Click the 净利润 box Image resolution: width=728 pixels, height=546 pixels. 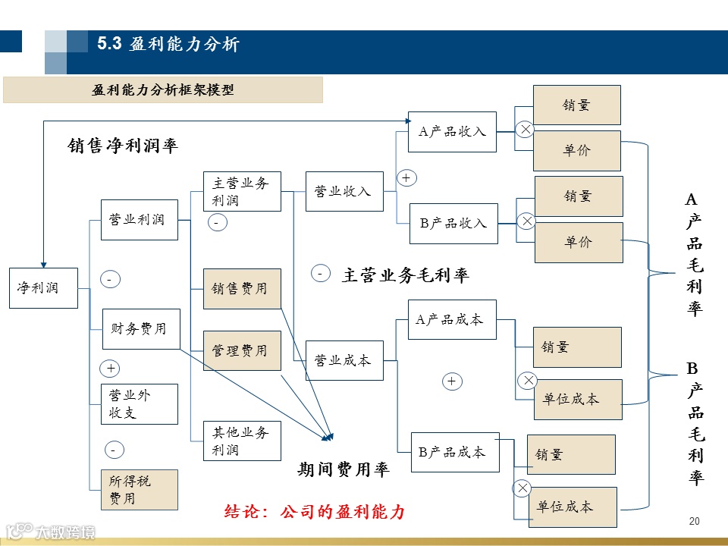tap(43, 288)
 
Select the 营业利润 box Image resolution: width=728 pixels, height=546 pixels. tap(140, 220)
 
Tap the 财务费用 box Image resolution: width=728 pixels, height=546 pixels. tap(141, 329)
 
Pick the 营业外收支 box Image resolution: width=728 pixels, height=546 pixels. tap(140, 404)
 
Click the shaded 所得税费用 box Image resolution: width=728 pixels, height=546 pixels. tap(140, 490)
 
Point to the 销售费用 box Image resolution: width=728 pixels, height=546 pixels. tap(241, 289)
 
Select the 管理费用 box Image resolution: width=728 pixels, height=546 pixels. tap(241, 351)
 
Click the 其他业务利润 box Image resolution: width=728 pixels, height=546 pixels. tap(241, 441)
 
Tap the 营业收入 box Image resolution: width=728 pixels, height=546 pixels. tap(344, 192)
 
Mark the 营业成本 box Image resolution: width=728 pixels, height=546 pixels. tap(344, 361)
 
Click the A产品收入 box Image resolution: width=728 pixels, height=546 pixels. tap(452, 132)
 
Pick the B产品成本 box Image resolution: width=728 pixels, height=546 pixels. tap(453, 453)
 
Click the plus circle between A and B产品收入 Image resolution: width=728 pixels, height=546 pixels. tap(407, 178)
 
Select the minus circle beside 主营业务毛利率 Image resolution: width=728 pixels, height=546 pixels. tap(320, 273)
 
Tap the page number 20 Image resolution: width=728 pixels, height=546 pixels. tap(695, 521)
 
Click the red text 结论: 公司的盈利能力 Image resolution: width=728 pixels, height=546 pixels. tap(315, 512)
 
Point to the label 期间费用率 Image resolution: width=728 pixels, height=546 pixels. tap(343, 470)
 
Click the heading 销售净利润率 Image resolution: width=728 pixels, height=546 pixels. tap(123, 146)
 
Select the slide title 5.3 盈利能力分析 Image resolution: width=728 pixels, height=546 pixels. tap(168, 45)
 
